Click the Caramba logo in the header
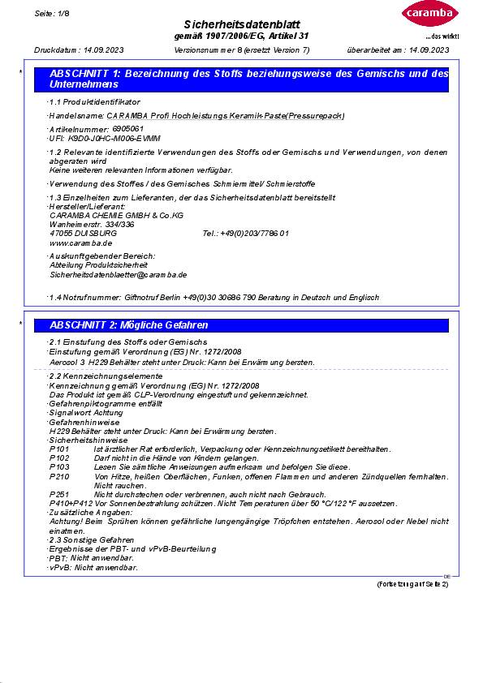pyautogui.click(x=428, y=15)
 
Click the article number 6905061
pyautogui.click(x=127, y=129)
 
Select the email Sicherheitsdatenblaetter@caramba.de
pyautogui.click(x=118, y=275)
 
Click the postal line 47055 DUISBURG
pyautogui.click(x=83, y=233)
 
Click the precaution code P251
pyautogui.click(x=59, y=494)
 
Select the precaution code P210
pyautogui.click(x=59, y=476)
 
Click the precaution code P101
pyautogui.click(x=59, y=449)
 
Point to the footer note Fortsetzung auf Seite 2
pyautogui.click(x=412, y=584)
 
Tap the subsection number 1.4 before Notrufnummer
pyautogui.click(x=55, y=298)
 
